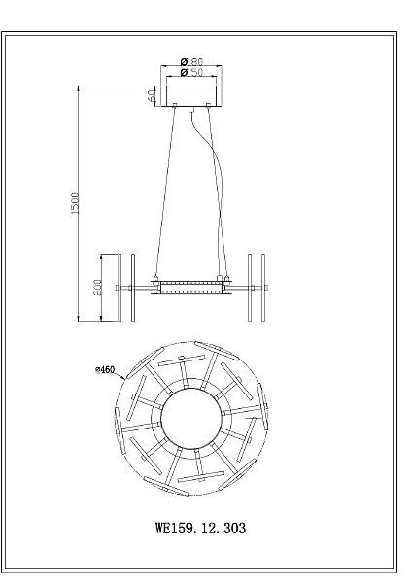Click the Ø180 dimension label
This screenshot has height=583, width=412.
pos(191,61)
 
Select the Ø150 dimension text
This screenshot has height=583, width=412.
pos(191,72)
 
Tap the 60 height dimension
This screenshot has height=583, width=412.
pos(151,95)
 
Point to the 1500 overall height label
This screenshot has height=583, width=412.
pos(75,203)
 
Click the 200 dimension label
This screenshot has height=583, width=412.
pos(97,288)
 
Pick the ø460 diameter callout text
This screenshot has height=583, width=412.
pos(105,369)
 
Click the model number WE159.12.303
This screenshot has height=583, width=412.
pos(200,528)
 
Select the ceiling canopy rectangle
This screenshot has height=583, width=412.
pos(191,96)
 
